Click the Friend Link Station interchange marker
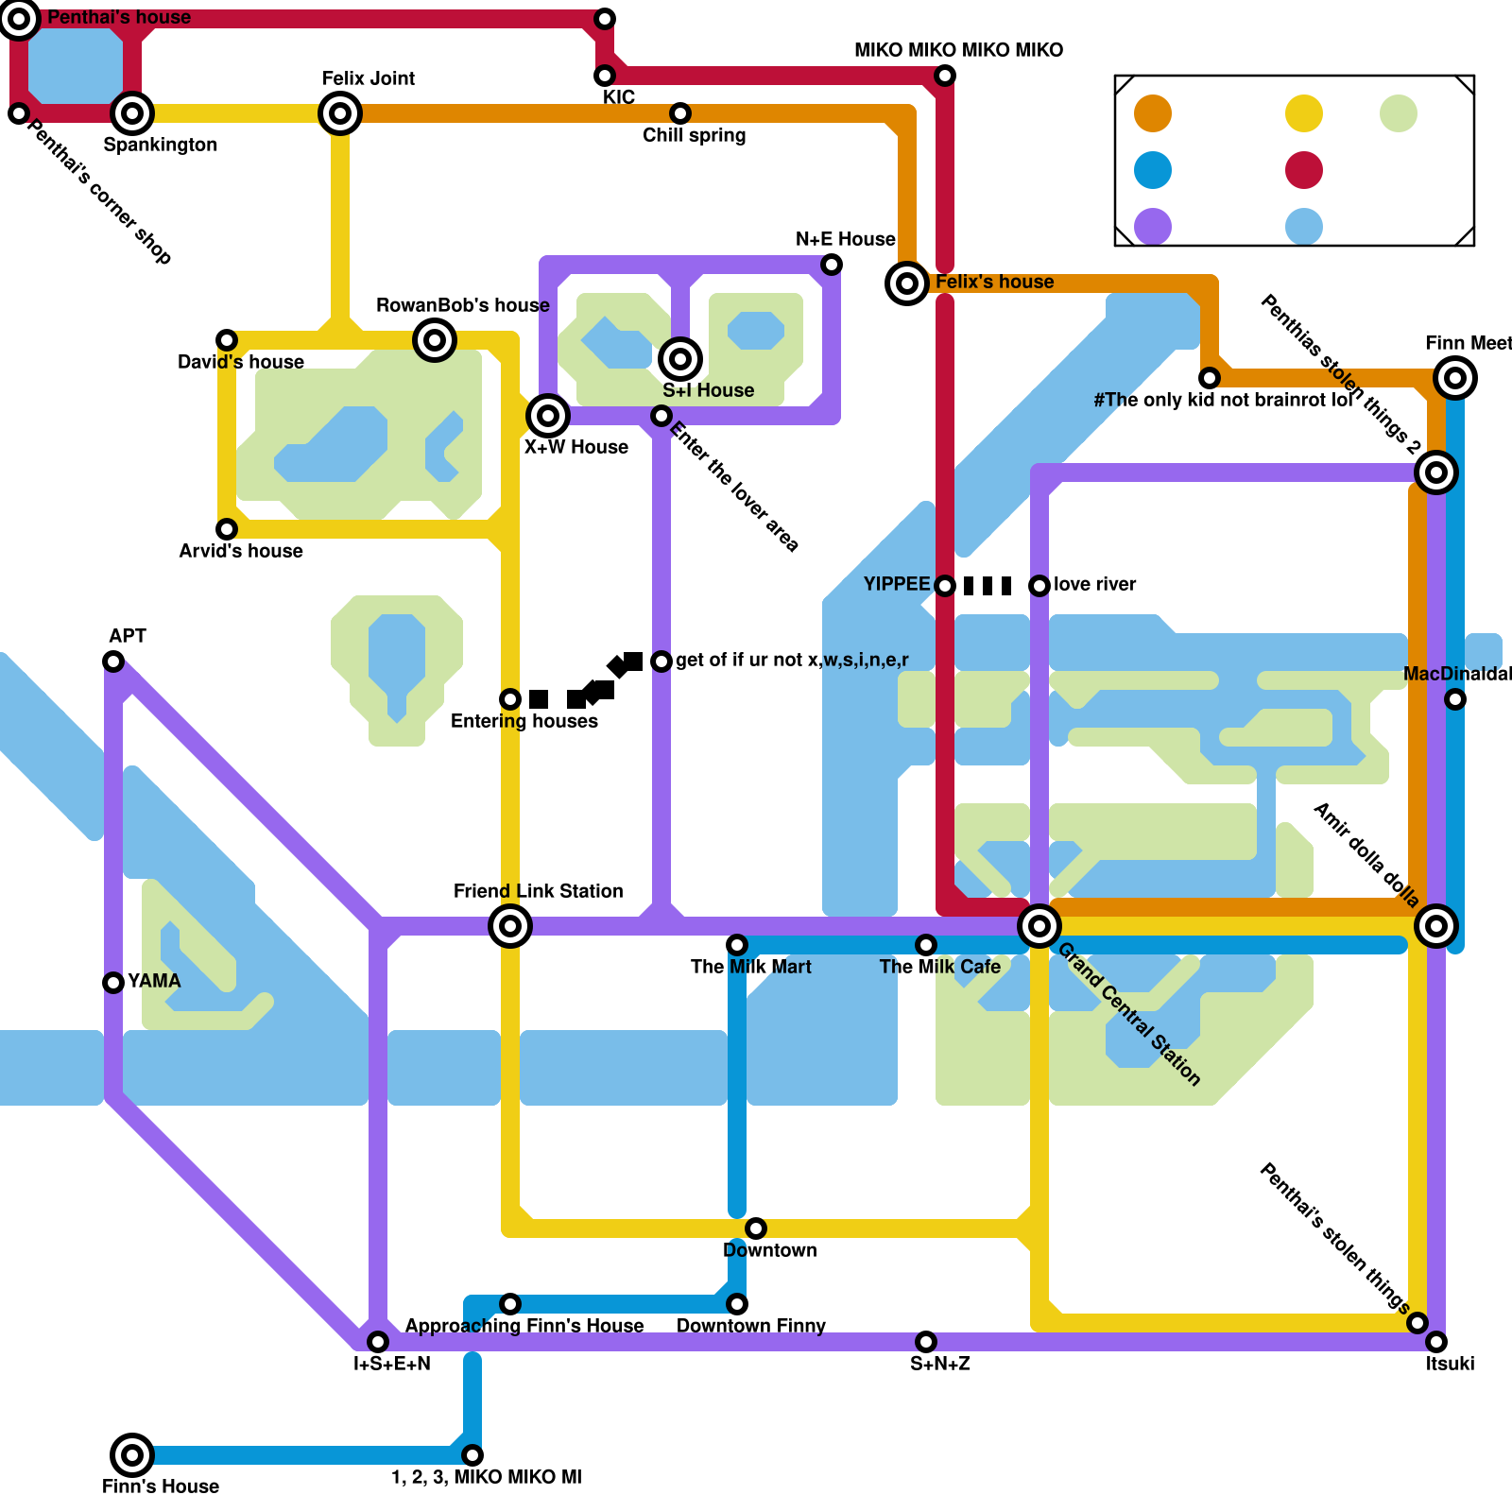510,926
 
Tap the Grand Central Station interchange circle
1039,926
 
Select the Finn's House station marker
132,1455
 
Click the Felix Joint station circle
340,113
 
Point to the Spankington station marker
132,113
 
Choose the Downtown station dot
756,1228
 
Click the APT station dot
113,661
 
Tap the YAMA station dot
113,983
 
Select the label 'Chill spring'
694,135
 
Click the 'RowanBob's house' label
462,305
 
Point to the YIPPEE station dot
945,586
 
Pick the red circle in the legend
1304,170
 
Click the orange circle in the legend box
1153,113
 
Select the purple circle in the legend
1153,227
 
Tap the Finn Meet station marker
1455,378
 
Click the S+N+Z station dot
926,1342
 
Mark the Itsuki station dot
1436,1342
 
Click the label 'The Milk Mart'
750,967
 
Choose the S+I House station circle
680,359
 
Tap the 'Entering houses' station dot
510,699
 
